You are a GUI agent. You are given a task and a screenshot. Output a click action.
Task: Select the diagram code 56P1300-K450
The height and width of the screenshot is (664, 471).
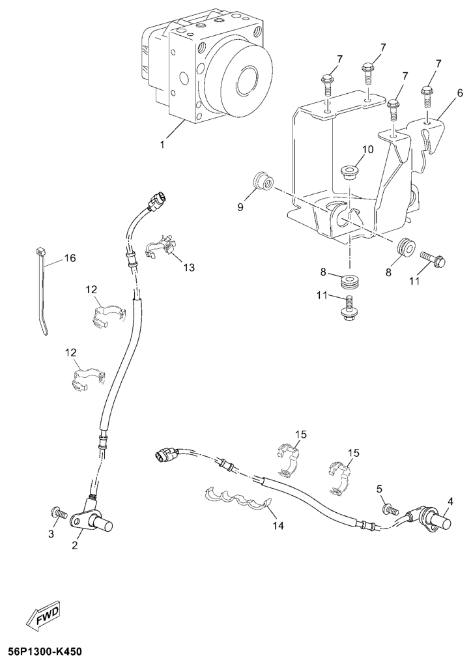[x=42, y=651]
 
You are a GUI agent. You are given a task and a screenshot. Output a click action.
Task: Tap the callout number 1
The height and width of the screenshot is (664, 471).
[x=162, y=145]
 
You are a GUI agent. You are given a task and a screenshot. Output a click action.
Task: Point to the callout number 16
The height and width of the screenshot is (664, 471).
[x=70, y=257]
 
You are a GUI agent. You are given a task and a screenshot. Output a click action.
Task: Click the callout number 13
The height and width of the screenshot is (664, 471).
[x=189, y=268]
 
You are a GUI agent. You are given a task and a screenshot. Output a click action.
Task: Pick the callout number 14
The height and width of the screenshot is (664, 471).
[x=278, y=525]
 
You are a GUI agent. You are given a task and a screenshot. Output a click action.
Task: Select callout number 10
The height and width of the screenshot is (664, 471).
[x=368, y=149]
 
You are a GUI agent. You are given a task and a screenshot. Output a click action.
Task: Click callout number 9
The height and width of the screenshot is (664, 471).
[x=240, y=207]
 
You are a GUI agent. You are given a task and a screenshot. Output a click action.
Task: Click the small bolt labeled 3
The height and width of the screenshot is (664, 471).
[x=59, y=513]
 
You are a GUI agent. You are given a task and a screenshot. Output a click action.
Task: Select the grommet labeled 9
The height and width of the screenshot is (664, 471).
[x=263, y=181]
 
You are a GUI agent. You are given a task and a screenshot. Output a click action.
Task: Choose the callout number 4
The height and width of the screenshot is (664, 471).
[x=450, y=502]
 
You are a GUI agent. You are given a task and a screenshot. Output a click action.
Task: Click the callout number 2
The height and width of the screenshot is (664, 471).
[x=75, y=546]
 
